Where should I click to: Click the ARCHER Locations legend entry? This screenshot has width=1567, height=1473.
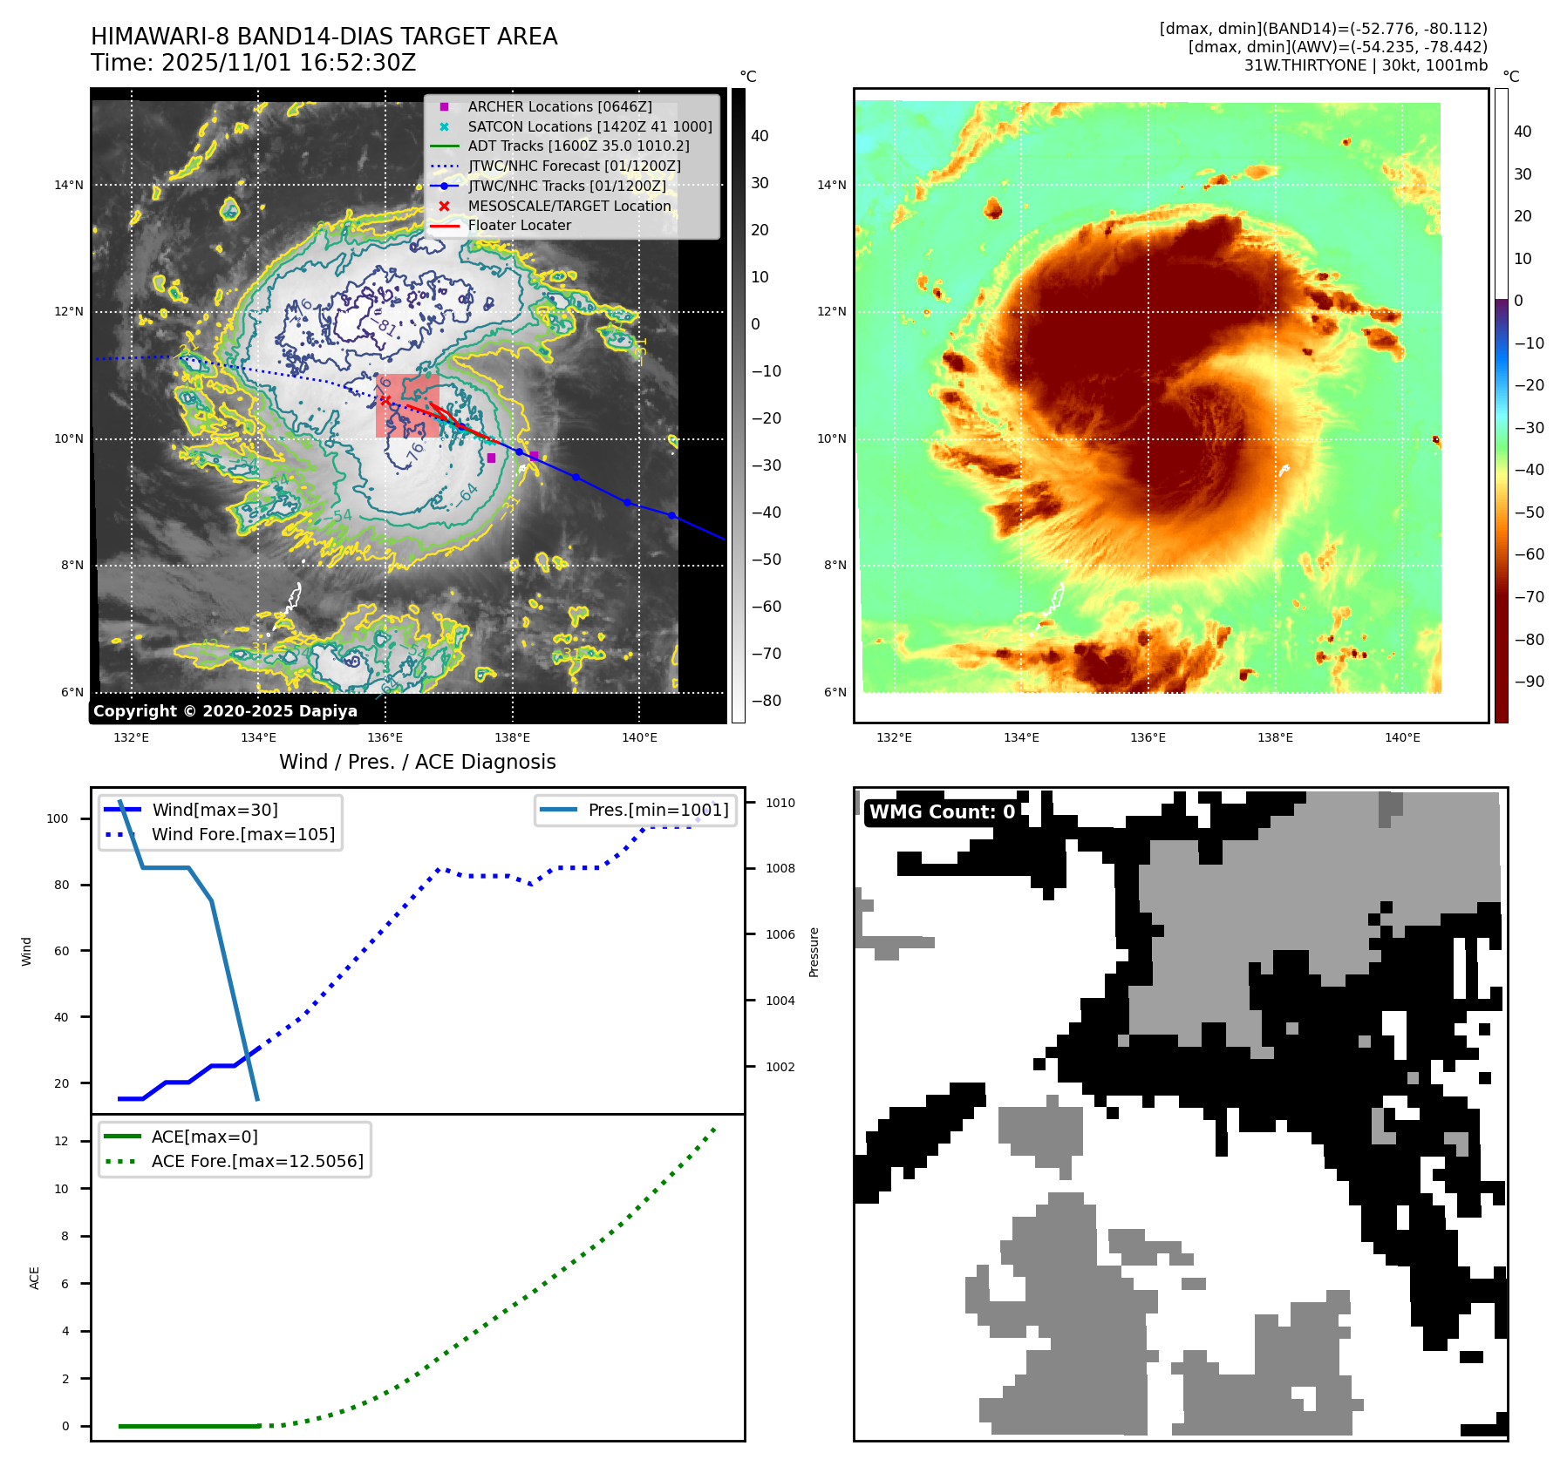[559, 106]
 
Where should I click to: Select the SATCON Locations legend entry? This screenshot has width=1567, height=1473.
[589, 126]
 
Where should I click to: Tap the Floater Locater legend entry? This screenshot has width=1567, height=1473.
[519, 225]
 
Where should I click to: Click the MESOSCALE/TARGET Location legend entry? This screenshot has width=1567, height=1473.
[569, 206]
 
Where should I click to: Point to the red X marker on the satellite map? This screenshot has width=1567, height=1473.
[385, 400]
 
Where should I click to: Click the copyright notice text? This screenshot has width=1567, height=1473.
[225, 711]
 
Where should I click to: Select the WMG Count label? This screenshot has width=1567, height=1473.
[942, 812]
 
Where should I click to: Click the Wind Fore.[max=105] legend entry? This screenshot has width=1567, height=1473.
[242, 834]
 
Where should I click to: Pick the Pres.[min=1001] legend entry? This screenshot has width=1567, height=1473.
[657, 810]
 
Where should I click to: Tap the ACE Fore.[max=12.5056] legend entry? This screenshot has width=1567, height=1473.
[257, 1161]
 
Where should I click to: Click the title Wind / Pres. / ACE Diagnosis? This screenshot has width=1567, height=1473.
[417, 762]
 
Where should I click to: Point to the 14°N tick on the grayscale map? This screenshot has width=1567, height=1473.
[69, 185]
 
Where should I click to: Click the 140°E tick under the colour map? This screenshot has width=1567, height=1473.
[1401, 737]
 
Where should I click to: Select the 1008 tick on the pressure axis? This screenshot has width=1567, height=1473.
[780, 868]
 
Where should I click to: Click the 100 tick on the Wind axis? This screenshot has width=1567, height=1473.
[57, 818]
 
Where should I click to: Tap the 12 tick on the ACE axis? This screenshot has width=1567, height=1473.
[61, 1141]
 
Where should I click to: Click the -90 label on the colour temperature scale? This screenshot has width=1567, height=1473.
[1529, 682]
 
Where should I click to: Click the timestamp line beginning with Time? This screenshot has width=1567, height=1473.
[253, 63]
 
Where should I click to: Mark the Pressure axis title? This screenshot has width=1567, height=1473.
[814, 952]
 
